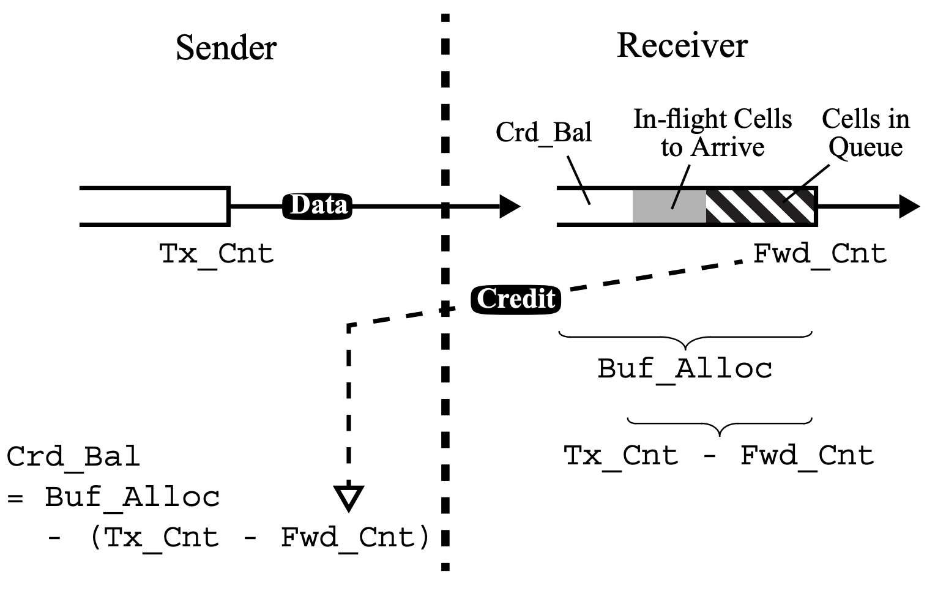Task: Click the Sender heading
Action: point(226,48)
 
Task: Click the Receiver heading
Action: point(682,45)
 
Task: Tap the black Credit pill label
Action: point(516,299)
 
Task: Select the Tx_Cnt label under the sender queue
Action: point(216,253)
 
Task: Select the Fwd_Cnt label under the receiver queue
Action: point(819,253)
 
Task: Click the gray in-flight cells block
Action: point(669,207)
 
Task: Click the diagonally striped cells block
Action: point(761,207)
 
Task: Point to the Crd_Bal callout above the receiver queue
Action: point(543,132)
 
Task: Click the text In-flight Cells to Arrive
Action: point(712,133)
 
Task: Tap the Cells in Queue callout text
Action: point(865,133)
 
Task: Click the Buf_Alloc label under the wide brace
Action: point(685,368)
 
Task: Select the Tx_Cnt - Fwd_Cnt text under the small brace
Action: point(718,456)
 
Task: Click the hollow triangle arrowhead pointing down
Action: point(349,496)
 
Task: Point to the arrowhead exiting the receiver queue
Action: point(908,207)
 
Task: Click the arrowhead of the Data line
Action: point(509,207)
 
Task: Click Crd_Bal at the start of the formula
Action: point(73,456)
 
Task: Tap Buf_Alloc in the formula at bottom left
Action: point(132,497)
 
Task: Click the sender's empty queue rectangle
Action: point(154,207)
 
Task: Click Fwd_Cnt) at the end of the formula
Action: point(355,538)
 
